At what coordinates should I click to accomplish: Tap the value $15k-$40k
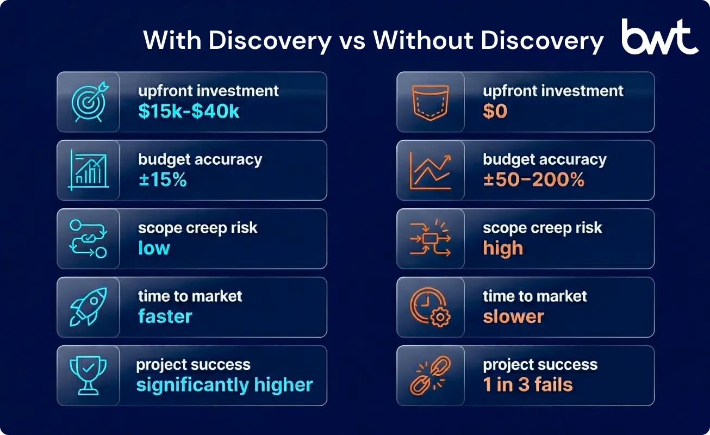pos(189,111)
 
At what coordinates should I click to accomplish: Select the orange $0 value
pos(495,111)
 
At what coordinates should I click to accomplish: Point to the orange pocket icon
pos(429,102)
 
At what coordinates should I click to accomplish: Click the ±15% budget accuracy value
pos(162,180)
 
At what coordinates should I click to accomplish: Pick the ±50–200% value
pos(533,180)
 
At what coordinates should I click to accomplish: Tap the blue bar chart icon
pos(89,170)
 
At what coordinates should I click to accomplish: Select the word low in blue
pos(154,248)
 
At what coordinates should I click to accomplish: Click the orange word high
pos(503,248)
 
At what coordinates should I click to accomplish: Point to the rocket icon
pos(89,307)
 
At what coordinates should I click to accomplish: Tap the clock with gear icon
pos(430,307)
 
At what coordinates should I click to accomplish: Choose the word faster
pos(165,316)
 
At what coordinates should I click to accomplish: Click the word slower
pos(513,316)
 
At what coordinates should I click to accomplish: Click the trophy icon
pos(89,376)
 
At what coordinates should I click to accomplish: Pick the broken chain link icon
pos(430,376)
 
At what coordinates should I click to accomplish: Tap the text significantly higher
pos(224,385)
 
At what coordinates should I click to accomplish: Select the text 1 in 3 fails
pos(527,385)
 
